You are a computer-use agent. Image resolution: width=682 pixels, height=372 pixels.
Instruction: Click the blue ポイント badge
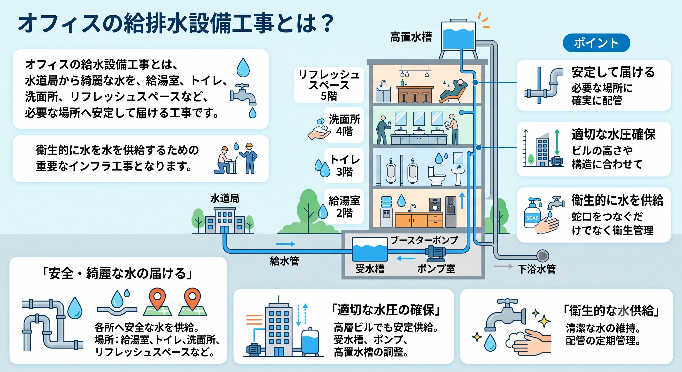(x=596, y=43)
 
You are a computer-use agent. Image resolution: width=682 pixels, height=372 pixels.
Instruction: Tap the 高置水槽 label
(x=411, y=37)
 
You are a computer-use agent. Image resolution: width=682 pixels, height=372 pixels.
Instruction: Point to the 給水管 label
(x=285, y=261)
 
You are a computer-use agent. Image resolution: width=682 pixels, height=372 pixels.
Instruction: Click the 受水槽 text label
(x=370, y=269)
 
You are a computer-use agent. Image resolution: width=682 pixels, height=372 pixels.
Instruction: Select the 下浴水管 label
(x=537, y=269)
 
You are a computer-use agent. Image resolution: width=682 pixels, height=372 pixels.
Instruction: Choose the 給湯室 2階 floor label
(x=344, y=207)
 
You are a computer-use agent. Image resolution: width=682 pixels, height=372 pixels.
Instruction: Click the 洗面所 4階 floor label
(x=344, y=125)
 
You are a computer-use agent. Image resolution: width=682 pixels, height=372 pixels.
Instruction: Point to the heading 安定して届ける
(x=613, y=72)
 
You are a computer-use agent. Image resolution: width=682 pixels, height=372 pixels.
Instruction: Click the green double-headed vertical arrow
(x=557, y=142)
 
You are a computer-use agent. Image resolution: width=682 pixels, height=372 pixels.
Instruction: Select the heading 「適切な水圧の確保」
(x=386, y=310)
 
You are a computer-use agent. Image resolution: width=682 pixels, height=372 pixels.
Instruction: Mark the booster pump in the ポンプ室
(x=435, y=252)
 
